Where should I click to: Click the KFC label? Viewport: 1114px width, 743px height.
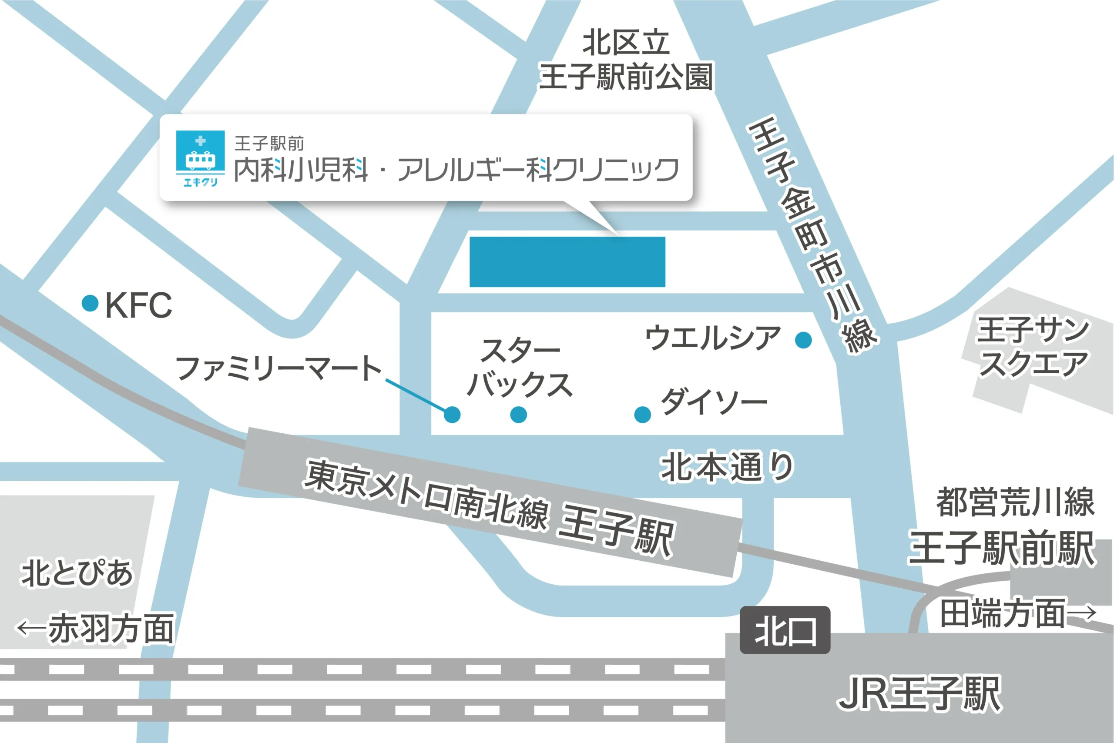(138, 305)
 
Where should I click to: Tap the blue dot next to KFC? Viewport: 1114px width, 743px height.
(90, 303)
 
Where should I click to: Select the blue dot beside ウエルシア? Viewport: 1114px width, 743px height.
(803, 340)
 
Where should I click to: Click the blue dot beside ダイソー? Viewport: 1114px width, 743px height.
(642, 414)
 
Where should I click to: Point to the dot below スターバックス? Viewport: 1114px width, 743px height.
(519, 415)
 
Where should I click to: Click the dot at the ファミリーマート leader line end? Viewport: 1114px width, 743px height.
(452, 415)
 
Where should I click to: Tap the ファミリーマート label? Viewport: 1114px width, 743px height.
(278, 368)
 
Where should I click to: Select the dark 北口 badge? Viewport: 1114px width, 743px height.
(785, 630)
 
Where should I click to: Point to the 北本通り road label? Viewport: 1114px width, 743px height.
(727, 466)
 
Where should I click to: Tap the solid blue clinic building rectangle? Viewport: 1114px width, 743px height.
(567, 262)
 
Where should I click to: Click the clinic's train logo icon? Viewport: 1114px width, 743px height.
(200, 158)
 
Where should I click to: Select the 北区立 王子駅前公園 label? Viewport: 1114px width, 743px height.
(626, 60)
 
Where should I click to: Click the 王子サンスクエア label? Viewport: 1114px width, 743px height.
(1033, 347)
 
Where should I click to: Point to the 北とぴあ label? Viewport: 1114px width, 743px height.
(76, 572)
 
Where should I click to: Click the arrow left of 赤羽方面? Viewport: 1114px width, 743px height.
(31, 628)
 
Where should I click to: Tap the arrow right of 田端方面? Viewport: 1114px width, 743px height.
(1082, 612)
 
